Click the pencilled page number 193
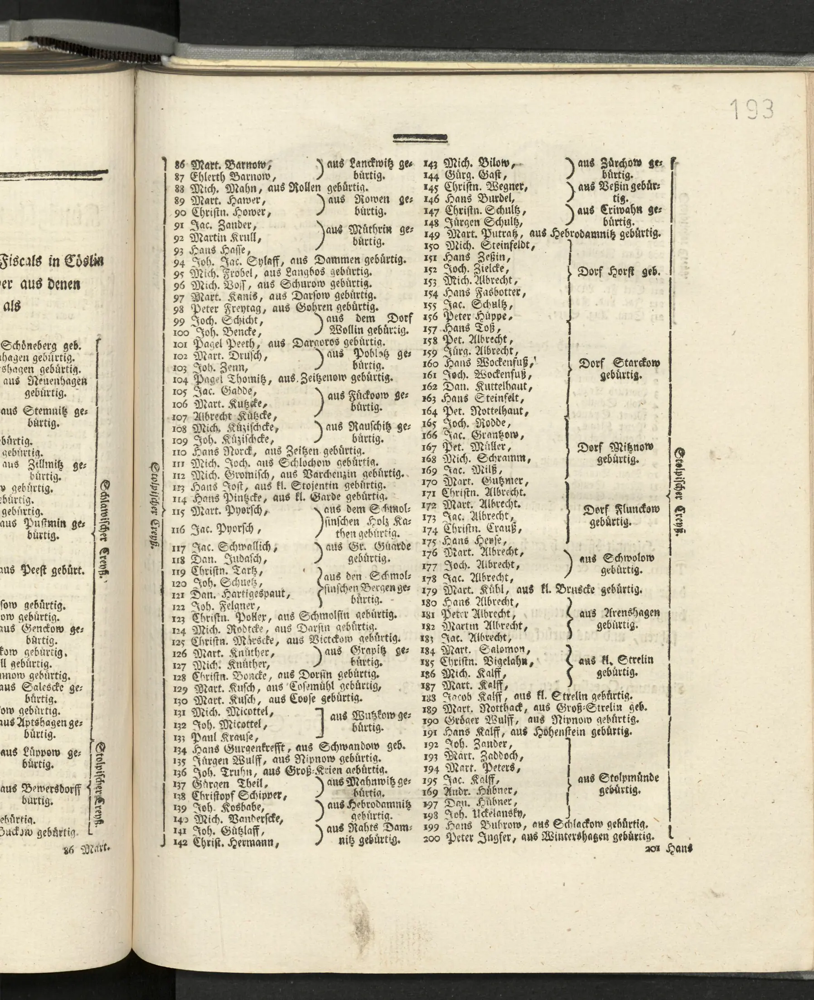pyautogui.click(x=751, y=109)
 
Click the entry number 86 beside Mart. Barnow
pyautogui.click(x=179, y=165)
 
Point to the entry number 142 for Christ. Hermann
pyautogui.click(x=180, y=842)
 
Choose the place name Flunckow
pyautogui.click(x=635, y=510)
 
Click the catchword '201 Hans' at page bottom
pyautogui.click(x=669, y=849)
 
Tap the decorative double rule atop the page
pyautogui.click(x=420, y=138)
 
